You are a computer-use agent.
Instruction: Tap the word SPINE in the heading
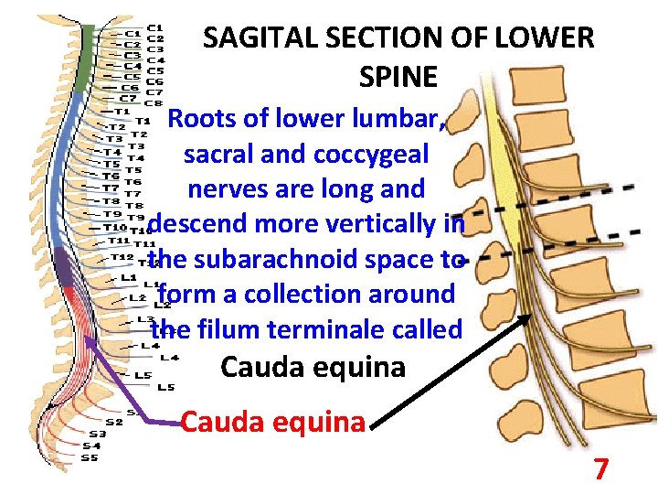click(398, 77)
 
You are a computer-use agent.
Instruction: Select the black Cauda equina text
click(313, 367)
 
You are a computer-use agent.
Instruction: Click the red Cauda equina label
click(272, 422)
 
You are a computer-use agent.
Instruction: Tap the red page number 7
click(600, 469)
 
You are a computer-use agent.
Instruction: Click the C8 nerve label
click(154, 103)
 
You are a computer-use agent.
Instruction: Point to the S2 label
click(113, 422)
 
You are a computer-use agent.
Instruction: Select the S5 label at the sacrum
click(88, 457)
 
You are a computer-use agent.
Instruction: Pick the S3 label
click(97, 434)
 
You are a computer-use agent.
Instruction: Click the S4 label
click(91, 446)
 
